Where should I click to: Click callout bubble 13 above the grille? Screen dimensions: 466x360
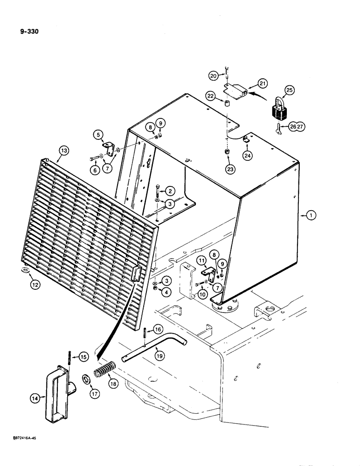(x=63, y=150)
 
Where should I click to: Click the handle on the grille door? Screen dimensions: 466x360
(x=137, y=272)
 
